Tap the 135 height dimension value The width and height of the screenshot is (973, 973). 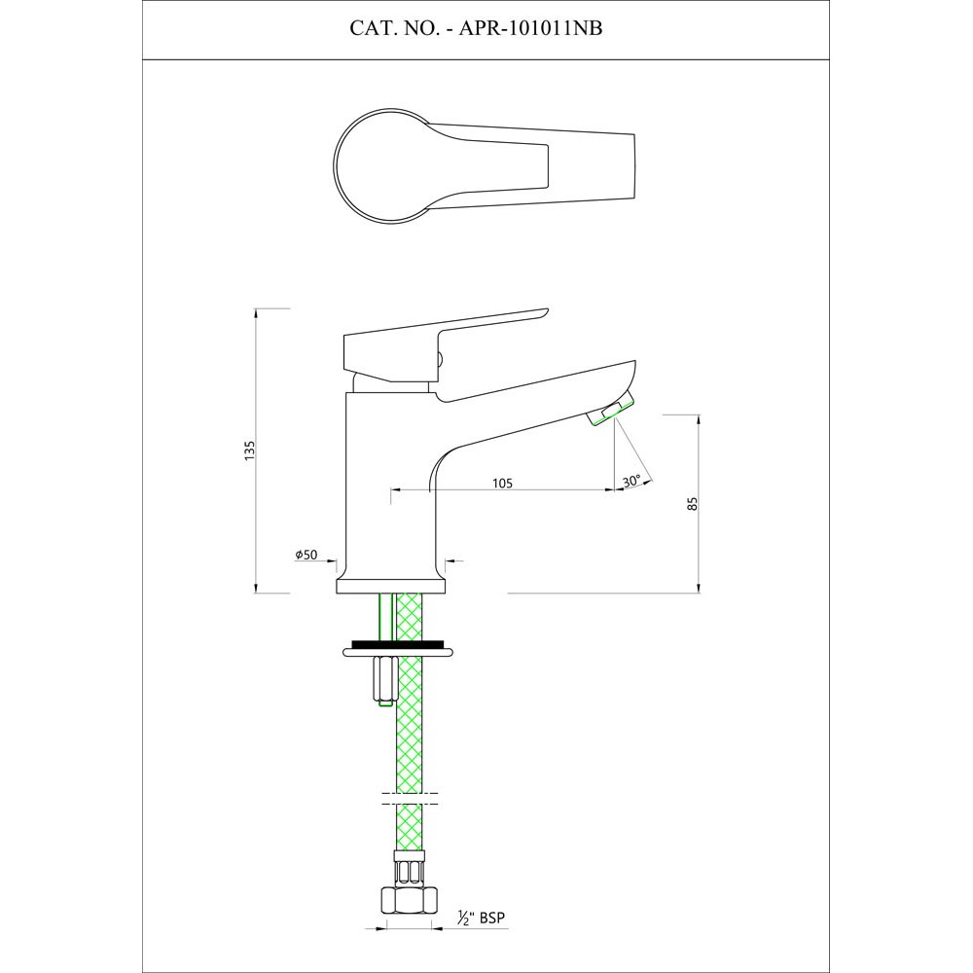[250, 450]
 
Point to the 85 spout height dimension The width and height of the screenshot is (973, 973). [692, 503]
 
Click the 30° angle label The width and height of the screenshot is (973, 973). [631, 482]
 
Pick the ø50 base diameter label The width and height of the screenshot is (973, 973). [306, 555]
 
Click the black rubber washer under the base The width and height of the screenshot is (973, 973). [398, 643]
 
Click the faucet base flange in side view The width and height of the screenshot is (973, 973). [392, 584]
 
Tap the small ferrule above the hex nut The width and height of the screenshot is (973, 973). [409, 862]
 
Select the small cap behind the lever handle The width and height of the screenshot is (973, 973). [440, 361]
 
